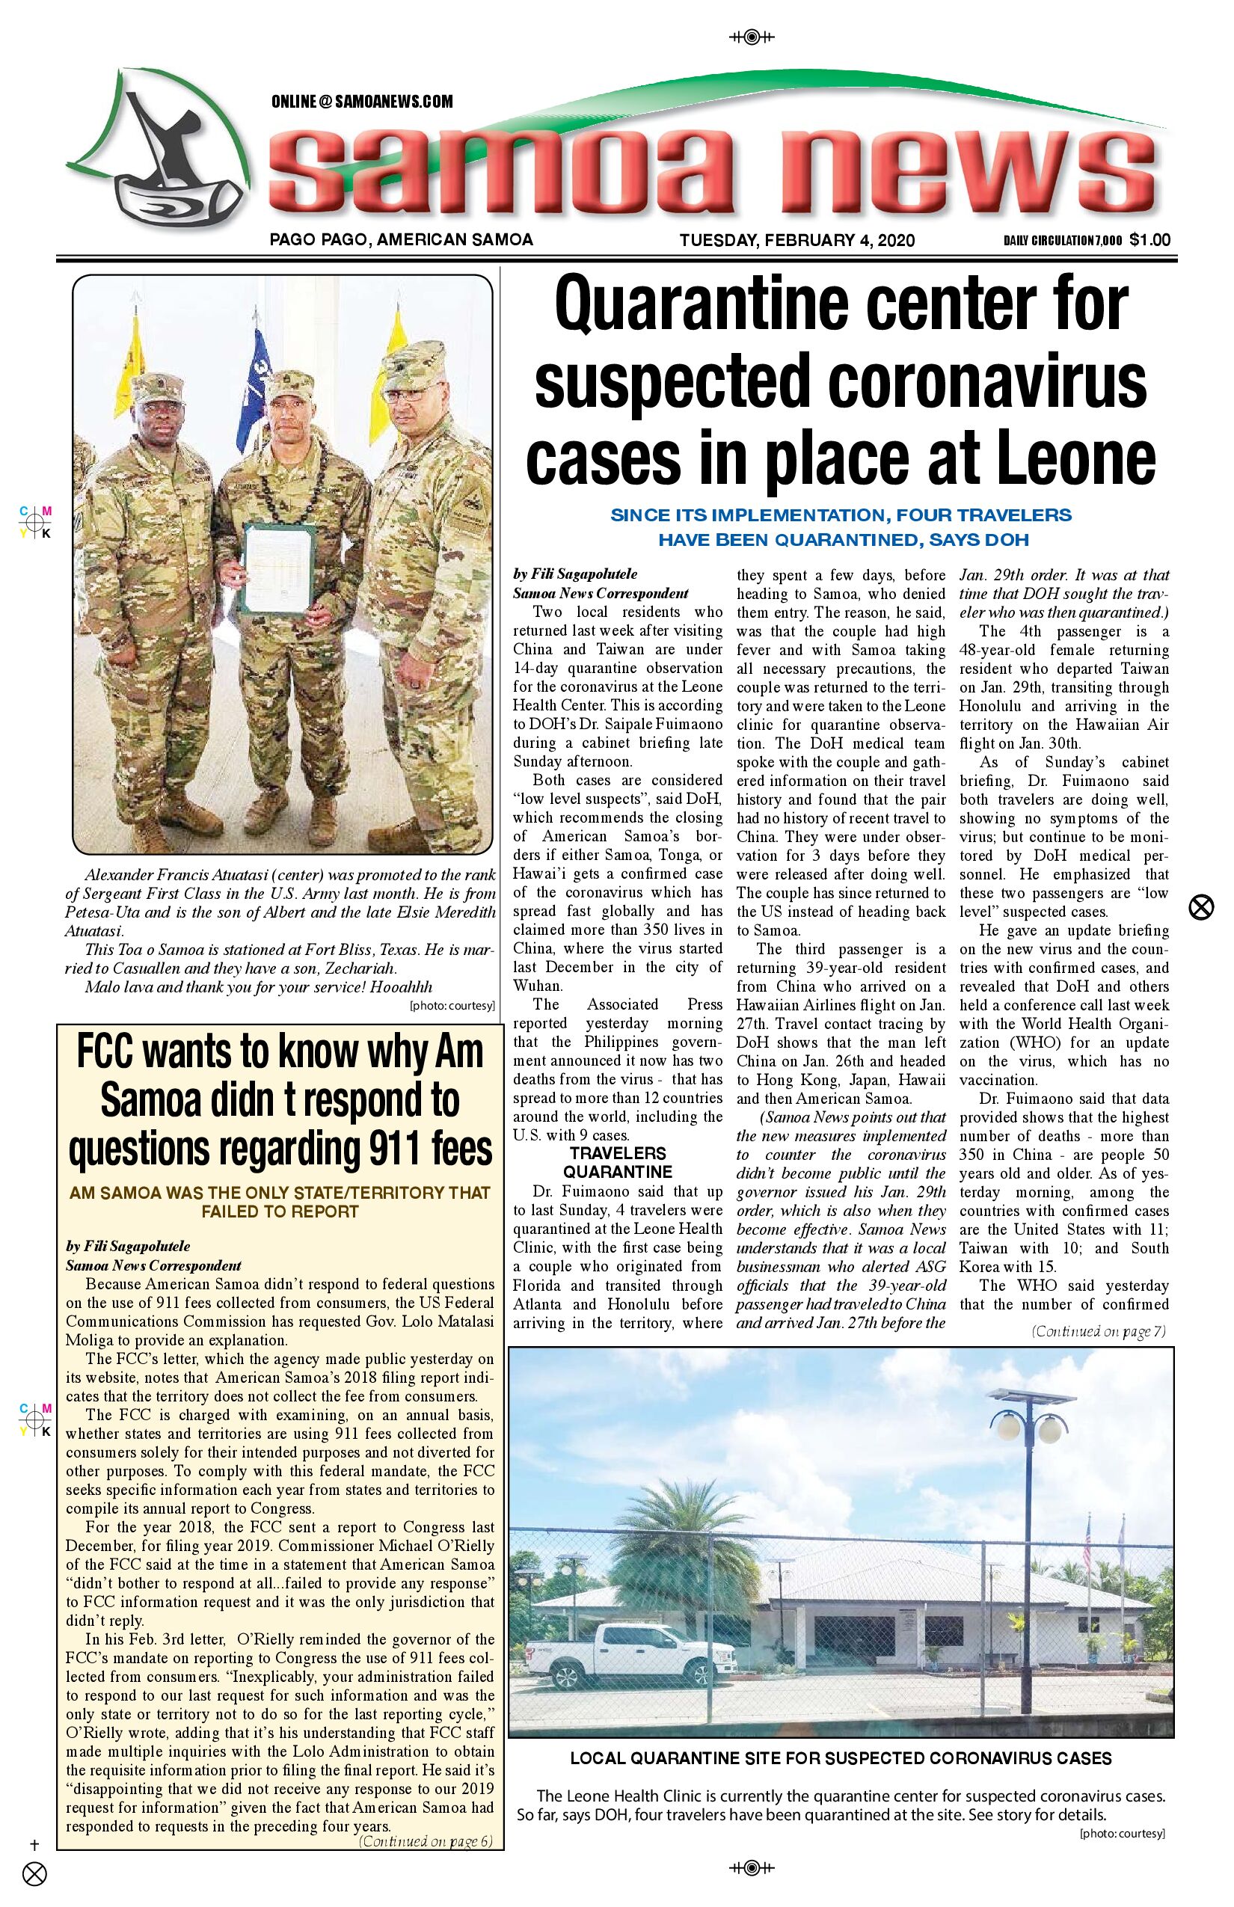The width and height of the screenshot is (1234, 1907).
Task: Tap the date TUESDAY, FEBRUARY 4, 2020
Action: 796,240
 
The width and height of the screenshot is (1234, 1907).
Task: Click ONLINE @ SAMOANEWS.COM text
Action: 362,102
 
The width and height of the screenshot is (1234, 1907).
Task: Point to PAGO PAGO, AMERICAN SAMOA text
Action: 402,239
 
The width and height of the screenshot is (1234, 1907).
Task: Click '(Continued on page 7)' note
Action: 1098,1332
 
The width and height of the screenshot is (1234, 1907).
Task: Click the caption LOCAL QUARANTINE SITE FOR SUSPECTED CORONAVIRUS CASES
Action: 841,1759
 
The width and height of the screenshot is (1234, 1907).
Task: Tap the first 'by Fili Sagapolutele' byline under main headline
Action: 574,574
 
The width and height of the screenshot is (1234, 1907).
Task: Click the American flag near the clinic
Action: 1087,1547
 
